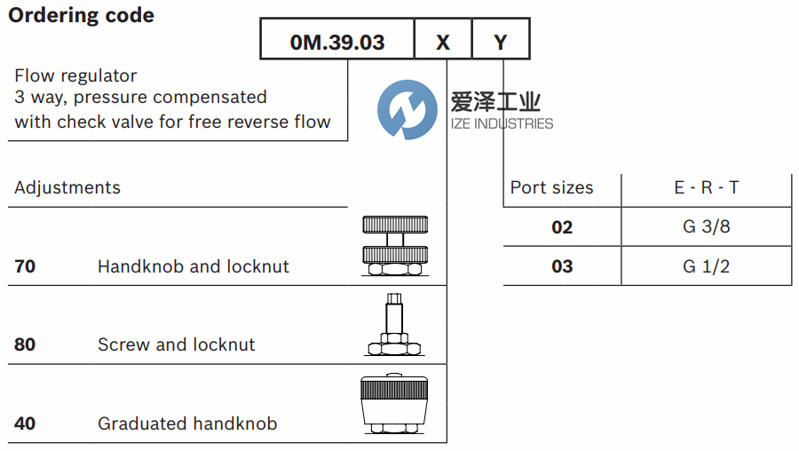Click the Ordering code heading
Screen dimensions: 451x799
click(x=81, y=15)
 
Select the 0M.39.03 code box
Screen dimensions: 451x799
click(x=337, y=42)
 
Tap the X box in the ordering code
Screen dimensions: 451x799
click(x=443, y=42)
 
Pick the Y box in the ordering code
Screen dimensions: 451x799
click(x=501, y=42)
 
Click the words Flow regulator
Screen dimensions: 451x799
click(x=75, y=76)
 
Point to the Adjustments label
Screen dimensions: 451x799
click(x=67, y=188)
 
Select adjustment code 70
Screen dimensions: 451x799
click(x=25, y=266)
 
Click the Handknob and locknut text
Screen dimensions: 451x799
click(x=193, y=266)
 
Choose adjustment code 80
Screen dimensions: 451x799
click(x=25, y=344)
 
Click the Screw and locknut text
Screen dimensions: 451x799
click(x=176, y=344)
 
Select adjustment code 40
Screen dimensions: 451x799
click(x=25, y=423)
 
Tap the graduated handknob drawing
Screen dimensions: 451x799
click(x=396, y=404)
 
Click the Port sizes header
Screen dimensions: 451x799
click(x=551, y=188)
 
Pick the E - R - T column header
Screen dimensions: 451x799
click(x=706, y=188)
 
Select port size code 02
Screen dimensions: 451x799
click(x=562, y=227)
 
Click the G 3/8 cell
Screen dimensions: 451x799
click(x=706, y=227)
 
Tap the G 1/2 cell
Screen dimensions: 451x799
click(x=706, y=266)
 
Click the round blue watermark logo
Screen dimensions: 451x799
click(x=407, y=109)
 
